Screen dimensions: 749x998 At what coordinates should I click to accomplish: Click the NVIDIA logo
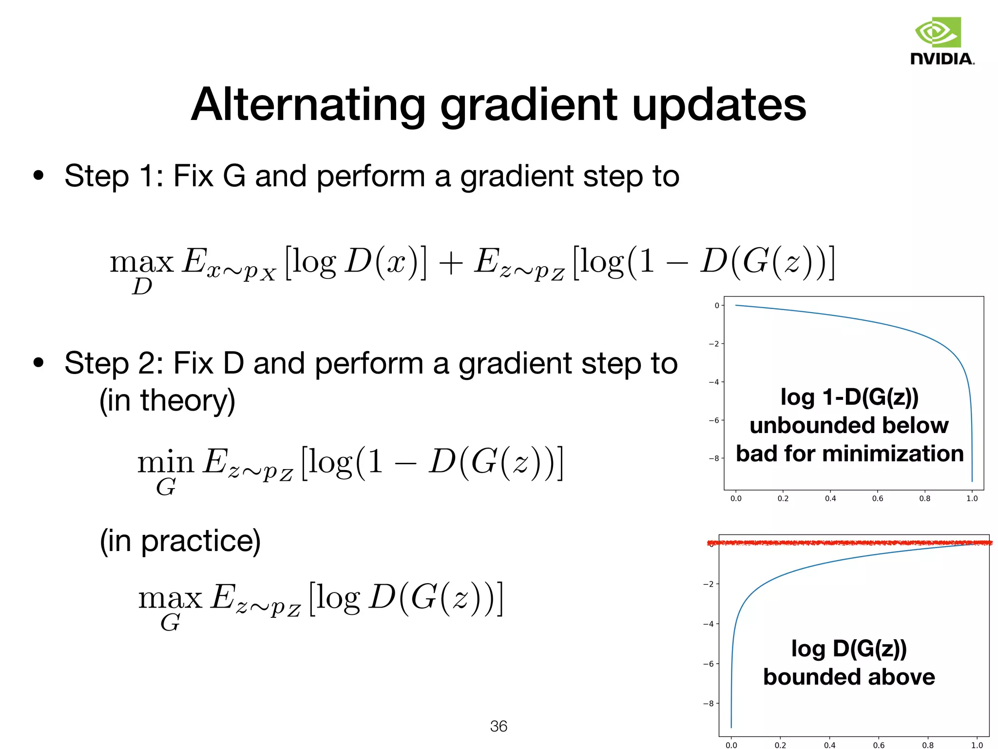(x=942, y=41)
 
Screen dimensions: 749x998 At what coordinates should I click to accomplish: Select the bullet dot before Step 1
(x=38, y=176)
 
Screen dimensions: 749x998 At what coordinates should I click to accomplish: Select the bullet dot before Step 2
(x=38, y=362)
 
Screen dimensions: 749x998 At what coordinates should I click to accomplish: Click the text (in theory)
(x=167, y=401)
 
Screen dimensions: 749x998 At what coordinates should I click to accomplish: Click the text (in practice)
(x=180, y=541)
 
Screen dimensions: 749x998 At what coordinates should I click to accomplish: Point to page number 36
(x=499, y=726)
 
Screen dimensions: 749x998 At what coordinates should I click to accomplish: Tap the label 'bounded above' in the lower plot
(x=849, y=677)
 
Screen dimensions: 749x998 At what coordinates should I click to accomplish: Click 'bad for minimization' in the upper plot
(x=849, y=453)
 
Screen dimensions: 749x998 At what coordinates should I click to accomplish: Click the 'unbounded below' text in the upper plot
(x=849, y=425)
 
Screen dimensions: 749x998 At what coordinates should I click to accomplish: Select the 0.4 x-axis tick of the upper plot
(x=830, y=498)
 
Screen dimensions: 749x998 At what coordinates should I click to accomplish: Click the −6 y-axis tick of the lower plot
(x=709, y=664)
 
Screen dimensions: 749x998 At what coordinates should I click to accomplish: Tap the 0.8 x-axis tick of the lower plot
(x=928, y=745)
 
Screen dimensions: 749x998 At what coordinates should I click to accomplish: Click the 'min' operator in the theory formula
(x=165, y=462)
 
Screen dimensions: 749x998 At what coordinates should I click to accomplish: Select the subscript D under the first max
(x=142, y=287)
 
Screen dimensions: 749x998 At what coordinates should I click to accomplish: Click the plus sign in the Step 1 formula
(x=450, y=264)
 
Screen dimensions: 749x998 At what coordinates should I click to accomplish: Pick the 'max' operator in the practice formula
(x=170, y=598)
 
